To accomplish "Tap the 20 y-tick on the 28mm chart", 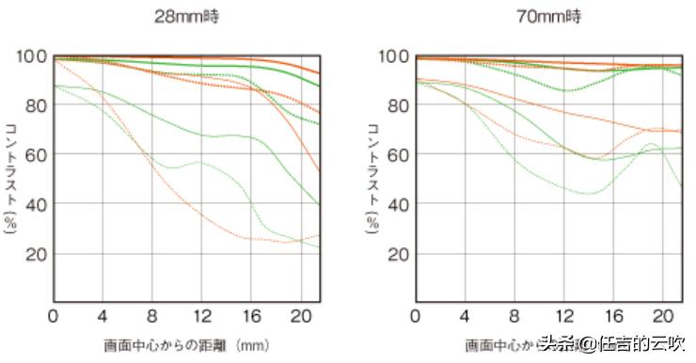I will point(35,254).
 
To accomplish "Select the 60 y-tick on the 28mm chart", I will point(35,155).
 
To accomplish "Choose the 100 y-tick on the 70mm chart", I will point(392,56).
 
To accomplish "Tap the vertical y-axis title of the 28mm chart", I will point(10,178).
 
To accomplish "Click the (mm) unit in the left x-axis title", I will point(254,345).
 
